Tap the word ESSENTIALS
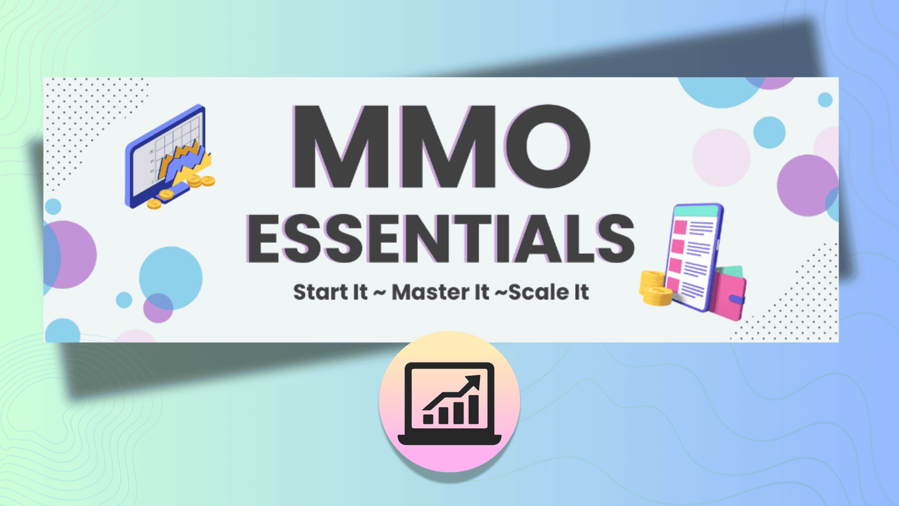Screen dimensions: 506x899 441,239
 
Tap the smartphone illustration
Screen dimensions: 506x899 694,256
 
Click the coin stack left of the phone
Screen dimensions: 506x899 655,288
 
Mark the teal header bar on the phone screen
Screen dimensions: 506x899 696,211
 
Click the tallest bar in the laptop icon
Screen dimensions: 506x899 473,409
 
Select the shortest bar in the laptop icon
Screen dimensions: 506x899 428,419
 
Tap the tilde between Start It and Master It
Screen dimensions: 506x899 380,292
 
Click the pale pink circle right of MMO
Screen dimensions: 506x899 721,157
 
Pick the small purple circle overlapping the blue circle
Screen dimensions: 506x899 158,308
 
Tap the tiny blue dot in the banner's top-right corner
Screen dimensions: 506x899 825,100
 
